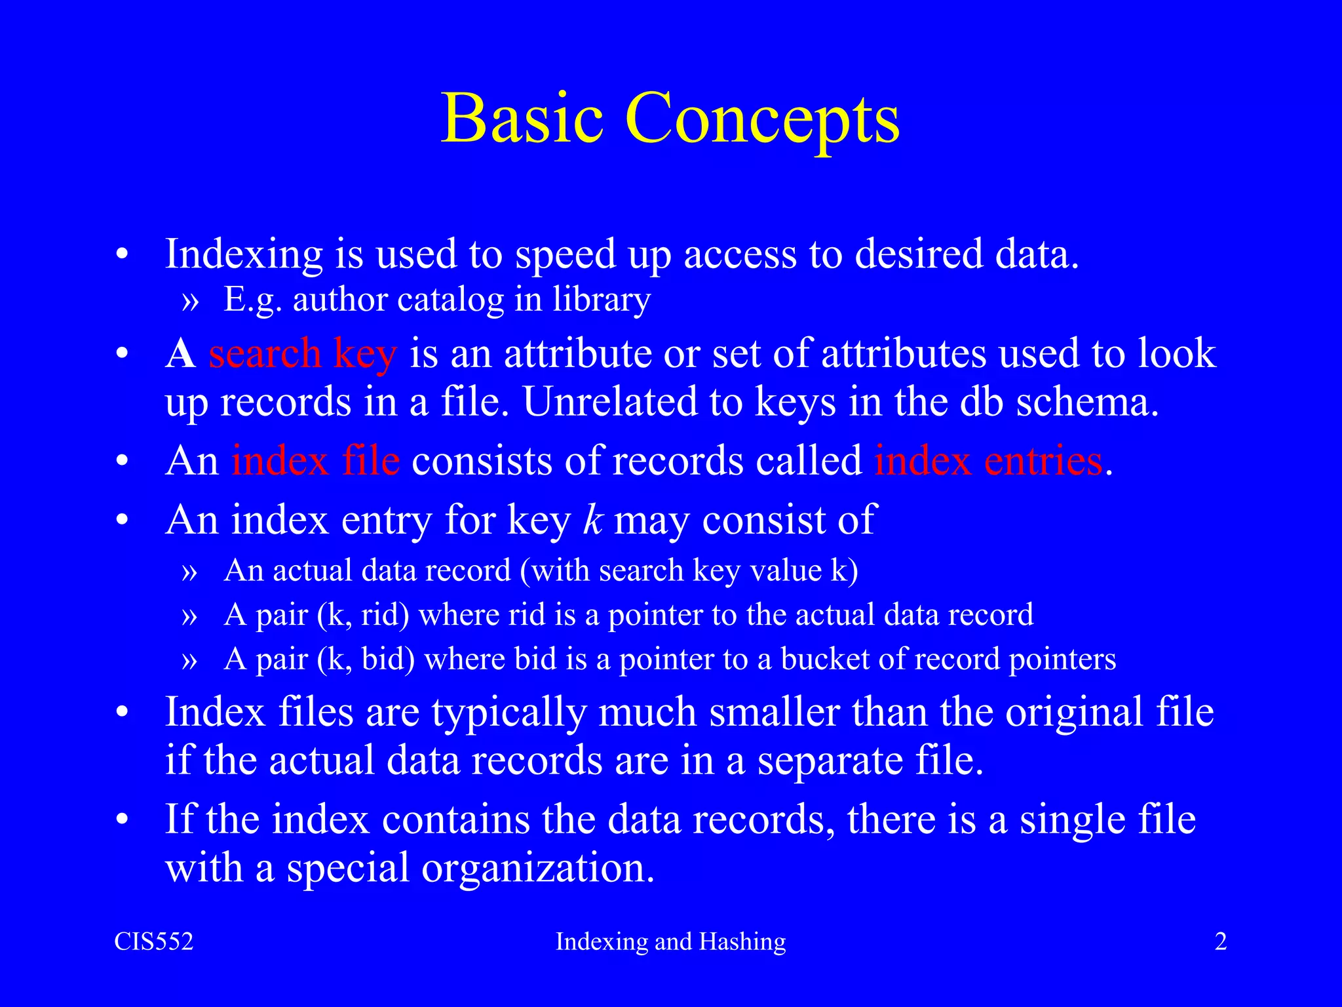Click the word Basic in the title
click(522, 119)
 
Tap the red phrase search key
click(302, 354)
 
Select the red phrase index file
click(315, 461)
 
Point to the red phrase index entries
click(988, 461)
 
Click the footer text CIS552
click(154, 941)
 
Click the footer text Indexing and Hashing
click(670, 941)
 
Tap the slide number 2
click(1221, 941)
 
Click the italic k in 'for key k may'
click(592, 520)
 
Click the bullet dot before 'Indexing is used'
click(121, 255)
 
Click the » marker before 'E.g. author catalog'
click(189, 302)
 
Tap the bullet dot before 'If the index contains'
click(121, 821)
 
